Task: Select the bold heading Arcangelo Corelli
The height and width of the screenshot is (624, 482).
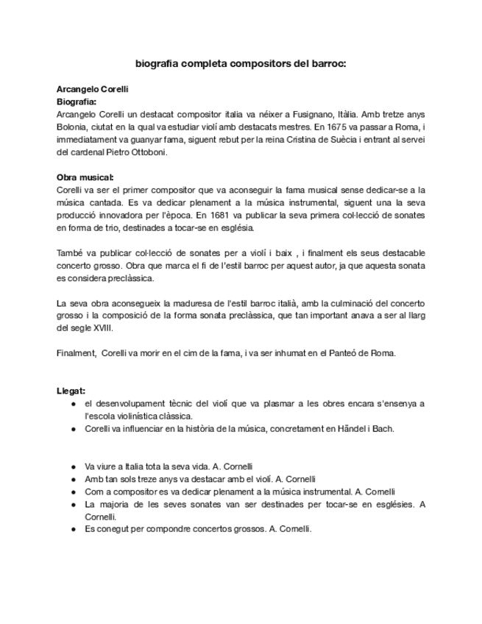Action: [x=93, y=89]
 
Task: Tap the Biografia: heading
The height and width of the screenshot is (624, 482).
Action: [x=77, y=102]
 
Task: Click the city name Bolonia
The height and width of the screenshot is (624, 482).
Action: [x=71, y=127]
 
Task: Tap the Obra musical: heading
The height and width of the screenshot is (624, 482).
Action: [x=85, y=177]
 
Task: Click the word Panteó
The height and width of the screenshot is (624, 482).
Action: [x=335, y=352]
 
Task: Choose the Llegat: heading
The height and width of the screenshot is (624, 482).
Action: [x=71, y=391]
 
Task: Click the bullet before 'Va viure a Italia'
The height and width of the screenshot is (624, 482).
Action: [x=74, y=467]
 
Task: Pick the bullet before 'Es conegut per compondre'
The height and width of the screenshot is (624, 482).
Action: [x=74, y=529]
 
